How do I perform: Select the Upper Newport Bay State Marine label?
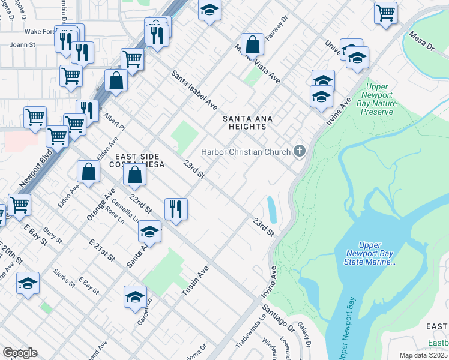tap(376, 253)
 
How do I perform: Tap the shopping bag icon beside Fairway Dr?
tap(253, 44)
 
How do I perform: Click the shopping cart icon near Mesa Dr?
tap(385, 12)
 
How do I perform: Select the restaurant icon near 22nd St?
tap(175, 208)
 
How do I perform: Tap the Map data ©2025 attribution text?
tap(423, 355)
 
